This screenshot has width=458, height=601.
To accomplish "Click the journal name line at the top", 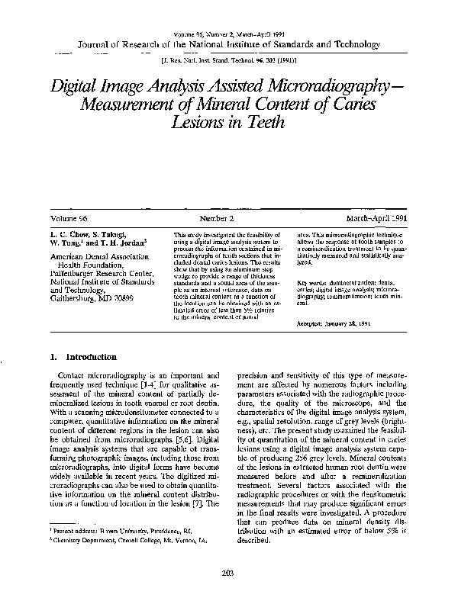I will coord(228,44).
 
